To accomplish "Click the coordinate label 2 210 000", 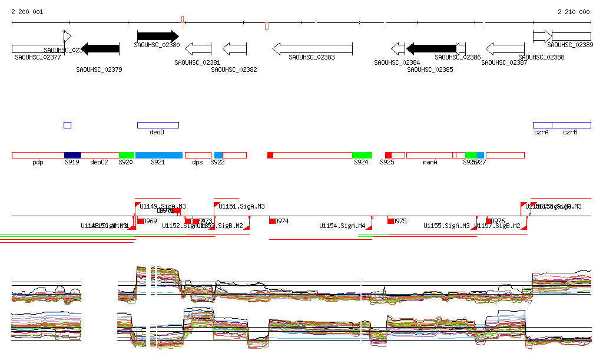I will pyautogui.click(x=573, y=12).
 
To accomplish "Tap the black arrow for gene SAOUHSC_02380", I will pyautogui.click(x=157, y=37).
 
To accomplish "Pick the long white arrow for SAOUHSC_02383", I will pyautogui.click(x=312, y=48).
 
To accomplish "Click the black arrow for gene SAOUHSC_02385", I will pyautogui.click(x=431, y=48).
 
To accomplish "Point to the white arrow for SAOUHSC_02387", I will pyautogui.click(x=505, y=48).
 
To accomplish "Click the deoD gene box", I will pyautogui.click(x=158, y=125).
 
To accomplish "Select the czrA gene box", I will pyautogui.click(x=542, y=125).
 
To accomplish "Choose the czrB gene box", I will pyautogui.click(x=571, y=125).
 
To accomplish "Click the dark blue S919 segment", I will pyautogui.click(x=72, y=155).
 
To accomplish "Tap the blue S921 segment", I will pyautogui.click(x=158, y=155).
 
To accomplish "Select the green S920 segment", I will pyautogui.click(x=126, y=155).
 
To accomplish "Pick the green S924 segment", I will pyautogui.click(x=362, y=155).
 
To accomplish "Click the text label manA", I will pyautogui.click(x=430, y=162).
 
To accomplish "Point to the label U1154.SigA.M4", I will pyautogui.click(x=342, y=226).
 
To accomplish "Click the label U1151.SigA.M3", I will pyautogui.click(x=241, y=206).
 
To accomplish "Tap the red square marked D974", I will pyautogui.click(x=272, y=221).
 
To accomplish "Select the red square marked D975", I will pyautogui.click(x=390, y=221).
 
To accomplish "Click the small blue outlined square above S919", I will pyautogui.click(x=67, y=125).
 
